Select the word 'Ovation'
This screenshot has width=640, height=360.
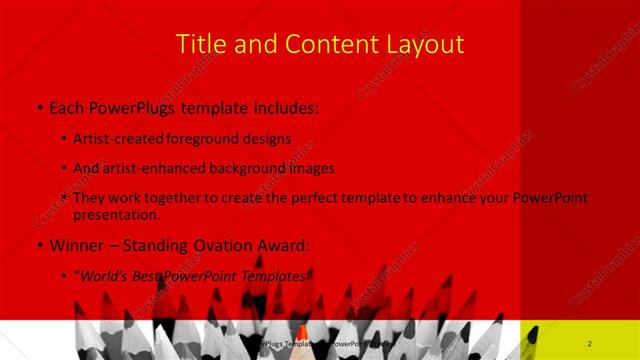(x=227, y=245)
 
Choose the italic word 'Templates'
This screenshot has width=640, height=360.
(x=279, y=276)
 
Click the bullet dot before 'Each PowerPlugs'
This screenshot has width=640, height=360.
(x=38, y=107)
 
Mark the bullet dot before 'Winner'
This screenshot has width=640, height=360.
(x=38, y=246)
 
